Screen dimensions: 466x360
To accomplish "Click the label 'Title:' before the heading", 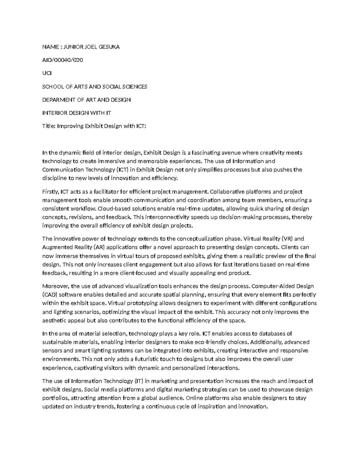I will click(49, 126).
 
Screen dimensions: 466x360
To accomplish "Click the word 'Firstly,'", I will click(51, 191).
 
